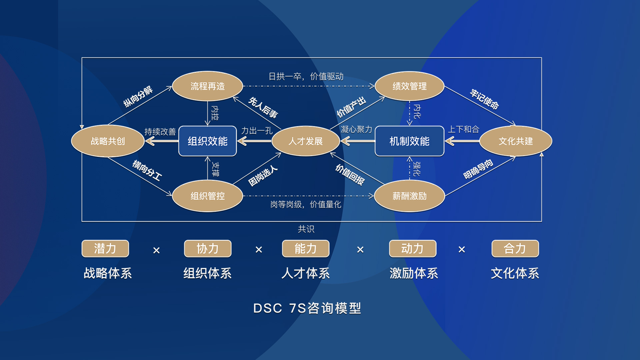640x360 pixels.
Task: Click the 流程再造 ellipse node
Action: [207, 86]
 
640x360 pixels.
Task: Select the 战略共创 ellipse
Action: [108, 141]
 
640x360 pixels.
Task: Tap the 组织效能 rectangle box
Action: [207, 141]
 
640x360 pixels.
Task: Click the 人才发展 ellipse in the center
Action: [305, 141]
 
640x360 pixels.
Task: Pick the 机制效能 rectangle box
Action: [409, 141]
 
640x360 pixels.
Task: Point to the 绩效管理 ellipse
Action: [409, 86]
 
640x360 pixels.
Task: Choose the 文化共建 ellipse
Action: [515, 141]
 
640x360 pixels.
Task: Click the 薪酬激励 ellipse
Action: [409, 196]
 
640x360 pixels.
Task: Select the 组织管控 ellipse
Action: [207, 196]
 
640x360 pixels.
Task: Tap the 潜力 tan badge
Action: [105, 249]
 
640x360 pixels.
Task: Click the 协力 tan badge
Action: [207, 249]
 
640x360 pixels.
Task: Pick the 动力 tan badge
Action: [412, 249]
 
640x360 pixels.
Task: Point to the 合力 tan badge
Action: [515, 249]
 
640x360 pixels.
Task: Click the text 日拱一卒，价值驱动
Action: [306, 76]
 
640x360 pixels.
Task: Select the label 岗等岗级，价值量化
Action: [305, 204]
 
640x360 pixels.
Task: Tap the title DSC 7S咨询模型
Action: [307, 308]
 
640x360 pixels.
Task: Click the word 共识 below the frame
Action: [306, 229]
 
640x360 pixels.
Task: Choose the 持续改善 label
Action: [160, 132]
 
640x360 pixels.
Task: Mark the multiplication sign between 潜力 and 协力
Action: [156, 250]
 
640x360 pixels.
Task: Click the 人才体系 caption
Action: [305, 273]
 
